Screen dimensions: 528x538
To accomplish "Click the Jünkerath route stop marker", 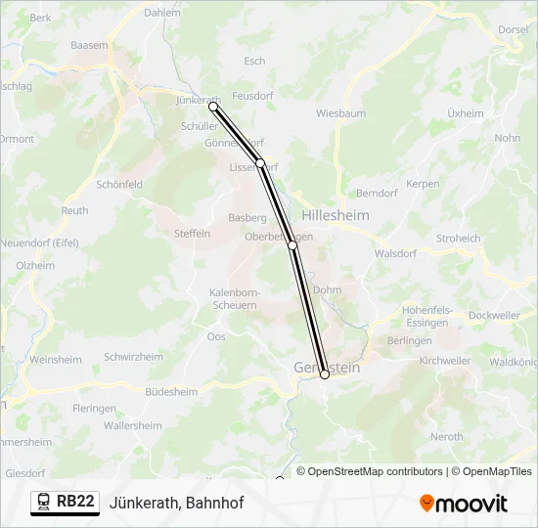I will [213, 107].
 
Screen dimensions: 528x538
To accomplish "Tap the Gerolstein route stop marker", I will [325, 374].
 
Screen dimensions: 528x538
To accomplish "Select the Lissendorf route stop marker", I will [260, 162].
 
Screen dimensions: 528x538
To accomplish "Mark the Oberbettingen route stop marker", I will [292, 245].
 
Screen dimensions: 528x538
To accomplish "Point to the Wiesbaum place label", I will [340, 113].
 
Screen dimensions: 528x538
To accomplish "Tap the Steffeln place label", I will [192, 234].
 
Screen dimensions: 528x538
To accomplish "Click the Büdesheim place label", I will [170, 391].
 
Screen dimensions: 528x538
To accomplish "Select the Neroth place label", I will [447, 437].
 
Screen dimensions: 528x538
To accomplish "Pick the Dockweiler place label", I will [494, 316].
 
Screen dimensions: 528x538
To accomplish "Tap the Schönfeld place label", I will [119, 184].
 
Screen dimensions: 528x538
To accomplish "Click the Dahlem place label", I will [162, 13].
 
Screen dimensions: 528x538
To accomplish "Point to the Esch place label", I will [254, 61].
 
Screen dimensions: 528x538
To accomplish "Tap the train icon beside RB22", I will [44, 502].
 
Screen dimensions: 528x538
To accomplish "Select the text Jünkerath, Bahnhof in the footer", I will [177, 503].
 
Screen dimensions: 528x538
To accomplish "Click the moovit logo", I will [464, 504].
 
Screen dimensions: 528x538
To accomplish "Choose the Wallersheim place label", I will [132, 426].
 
